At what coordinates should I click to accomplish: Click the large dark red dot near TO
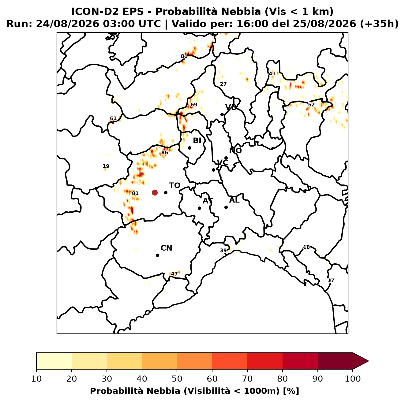pos(155,192)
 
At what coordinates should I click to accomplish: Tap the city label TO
pos(175,186)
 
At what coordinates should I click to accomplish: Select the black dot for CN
pos(157,255)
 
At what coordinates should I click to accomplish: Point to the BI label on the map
pos(197,141)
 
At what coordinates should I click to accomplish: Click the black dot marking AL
pos(226,207)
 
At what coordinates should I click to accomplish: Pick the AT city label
pos(208,201)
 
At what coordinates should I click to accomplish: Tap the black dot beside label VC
pos(214,170)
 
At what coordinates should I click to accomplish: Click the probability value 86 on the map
pos(165,153)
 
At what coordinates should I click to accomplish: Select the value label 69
pos(194,105)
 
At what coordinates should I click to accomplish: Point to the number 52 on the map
pos(311,105)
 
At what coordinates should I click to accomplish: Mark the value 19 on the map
pos(106,166)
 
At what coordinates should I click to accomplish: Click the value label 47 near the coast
pos(174,274)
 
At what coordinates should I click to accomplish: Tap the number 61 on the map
pos(113,118)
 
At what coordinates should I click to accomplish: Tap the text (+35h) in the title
pos(379,24)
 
